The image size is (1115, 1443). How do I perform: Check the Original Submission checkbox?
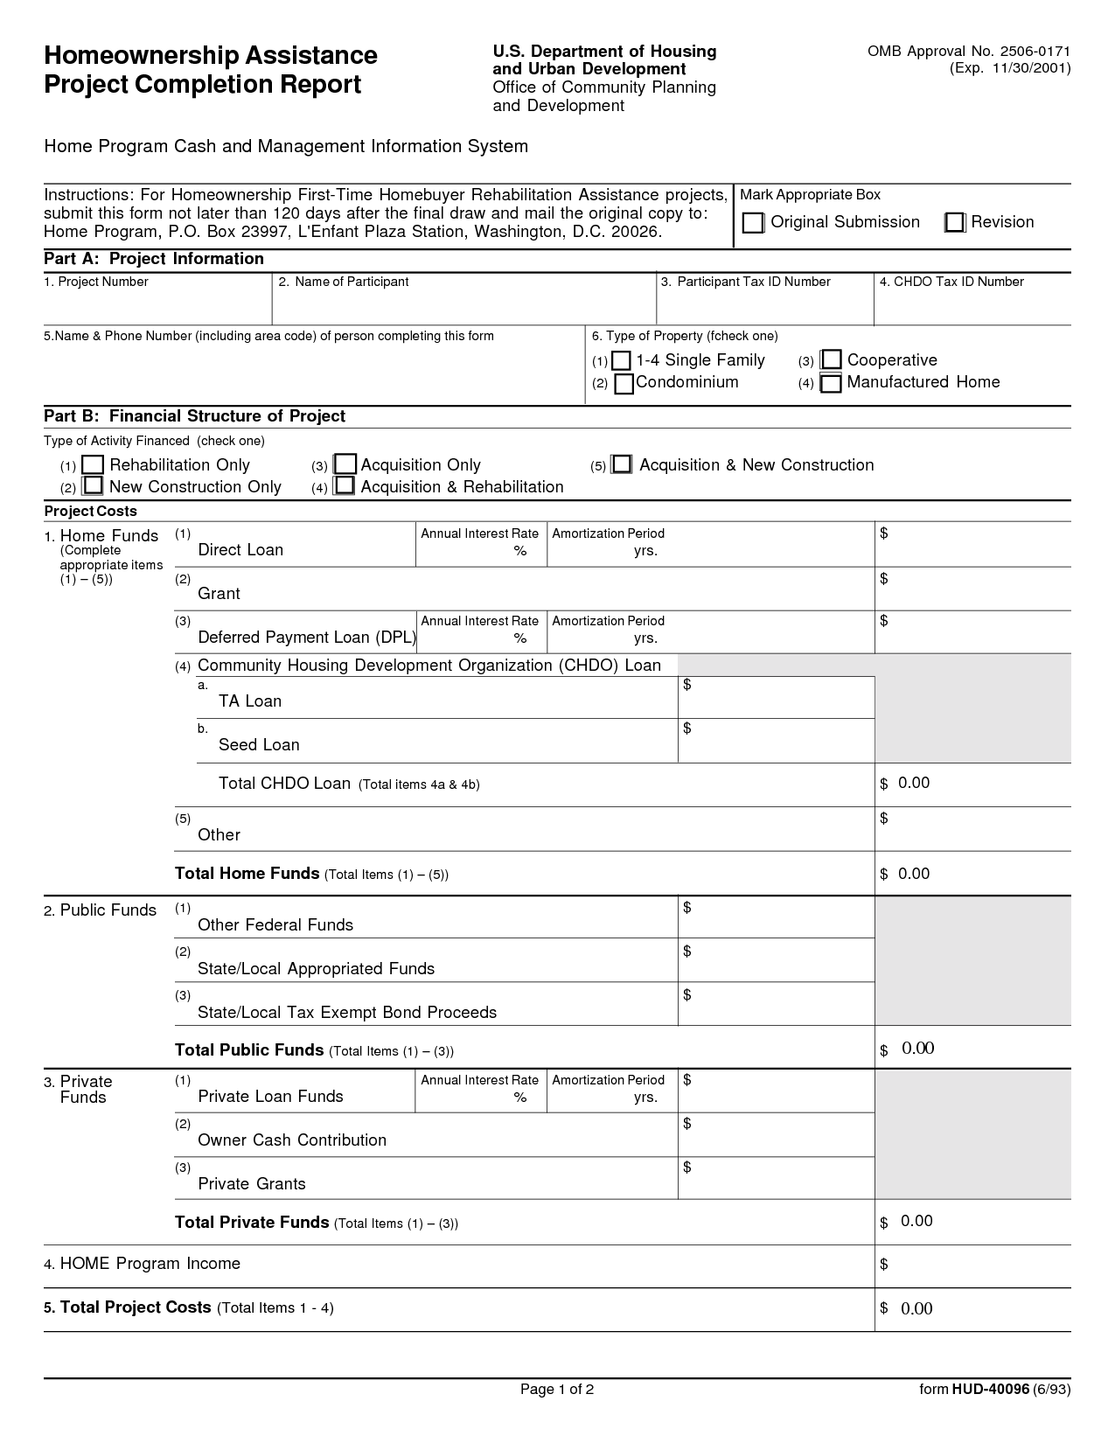pos(753,223)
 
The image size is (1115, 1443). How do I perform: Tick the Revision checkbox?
pos(955,223)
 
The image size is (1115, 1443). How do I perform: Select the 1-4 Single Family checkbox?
pos(621,361)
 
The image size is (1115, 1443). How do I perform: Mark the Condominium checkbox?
pos(624,384)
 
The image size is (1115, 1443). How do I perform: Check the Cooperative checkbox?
pos(832,360)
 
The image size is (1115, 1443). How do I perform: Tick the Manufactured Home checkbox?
pos(831,383)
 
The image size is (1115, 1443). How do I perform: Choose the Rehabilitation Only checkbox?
pos(94,465)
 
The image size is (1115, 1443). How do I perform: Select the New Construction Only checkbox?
pos(93,486)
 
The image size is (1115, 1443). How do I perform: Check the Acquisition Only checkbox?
pos(345,464)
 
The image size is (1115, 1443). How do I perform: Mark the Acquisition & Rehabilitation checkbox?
pos(345,485)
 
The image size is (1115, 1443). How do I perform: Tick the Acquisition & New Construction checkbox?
pos(622,464)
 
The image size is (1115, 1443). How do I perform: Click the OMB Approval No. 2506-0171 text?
pos(968,52)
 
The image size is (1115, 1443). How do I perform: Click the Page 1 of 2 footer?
pos(557,1390)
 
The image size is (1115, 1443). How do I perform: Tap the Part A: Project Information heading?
pos(154,259)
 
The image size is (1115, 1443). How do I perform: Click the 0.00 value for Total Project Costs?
pos(916,1308)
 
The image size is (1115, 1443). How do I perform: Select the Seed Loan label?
pos(259,745)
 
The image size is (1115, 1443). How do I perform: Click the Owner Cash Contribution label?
pos(292,1140)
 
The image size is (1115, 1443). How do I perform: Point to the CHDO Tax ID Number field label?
pos(951,282)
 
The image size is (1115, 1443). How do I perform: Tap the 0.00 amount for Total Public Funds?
pos(917,1049)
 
